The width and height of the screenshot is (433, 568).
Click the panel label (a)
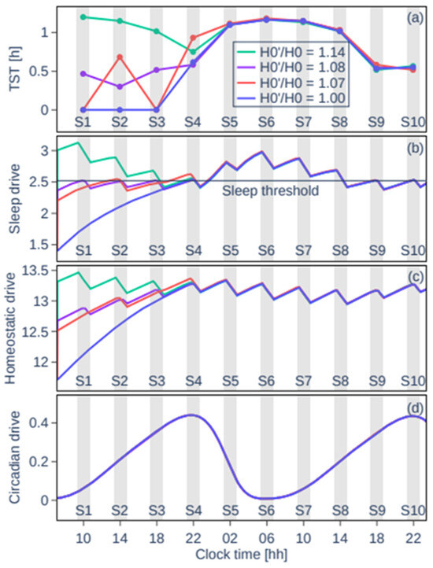click(411, 15)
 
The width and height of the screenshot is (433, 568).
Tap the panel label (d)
click(411, 409)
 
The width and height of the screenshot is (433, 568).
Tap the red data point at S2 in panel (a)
click(120, 57)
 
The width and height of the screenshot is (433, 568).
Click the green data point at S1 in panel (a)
click(83, 17)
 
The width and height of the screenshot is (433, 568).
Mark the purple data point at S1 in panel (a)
click(83, 73)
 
